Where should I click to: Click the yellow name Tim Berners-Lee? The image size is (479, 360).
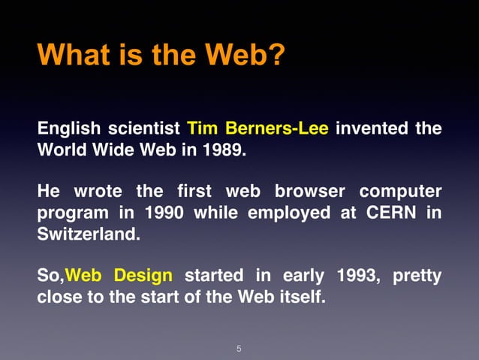[258, 128]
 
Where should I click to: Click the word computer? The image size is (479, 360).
[399, 192]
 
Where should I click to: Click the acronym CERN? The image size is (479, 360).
[390, 213]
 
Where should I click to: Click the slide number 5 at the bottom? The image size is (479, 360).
[239, 348]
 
